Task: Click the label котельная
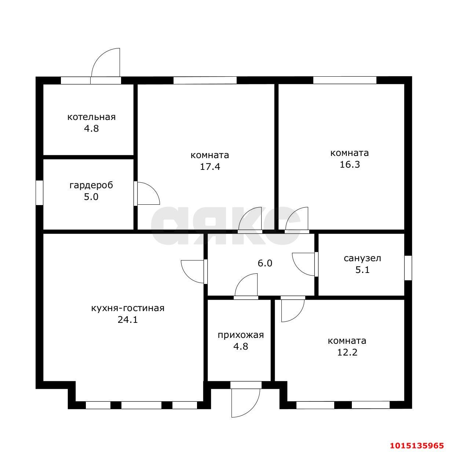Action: tap(91, 117)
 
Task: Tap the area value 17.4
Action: tap(210, 167)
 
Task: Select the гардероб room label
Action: tap(91, 185)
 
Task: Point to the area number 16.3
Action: tap(350, 165)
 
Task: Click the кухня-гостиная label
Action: tap(128, 308)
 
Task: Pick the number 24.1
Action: tap(128, 320)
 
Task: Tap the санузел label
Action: tap(362, 259)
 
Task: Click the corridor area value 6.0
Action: tap(265, 263)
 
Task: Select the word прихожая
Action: tap(241, 335)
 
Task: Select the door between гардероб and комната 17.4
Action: tap(147, 193)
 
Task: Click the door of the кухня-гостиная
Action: tap(194, 271)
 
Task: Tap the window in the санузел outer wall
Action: tap(408, 267)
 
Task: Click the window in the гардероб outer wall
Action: tap(39, 193)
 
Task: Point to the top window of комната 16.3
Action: tap(345, 80)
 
